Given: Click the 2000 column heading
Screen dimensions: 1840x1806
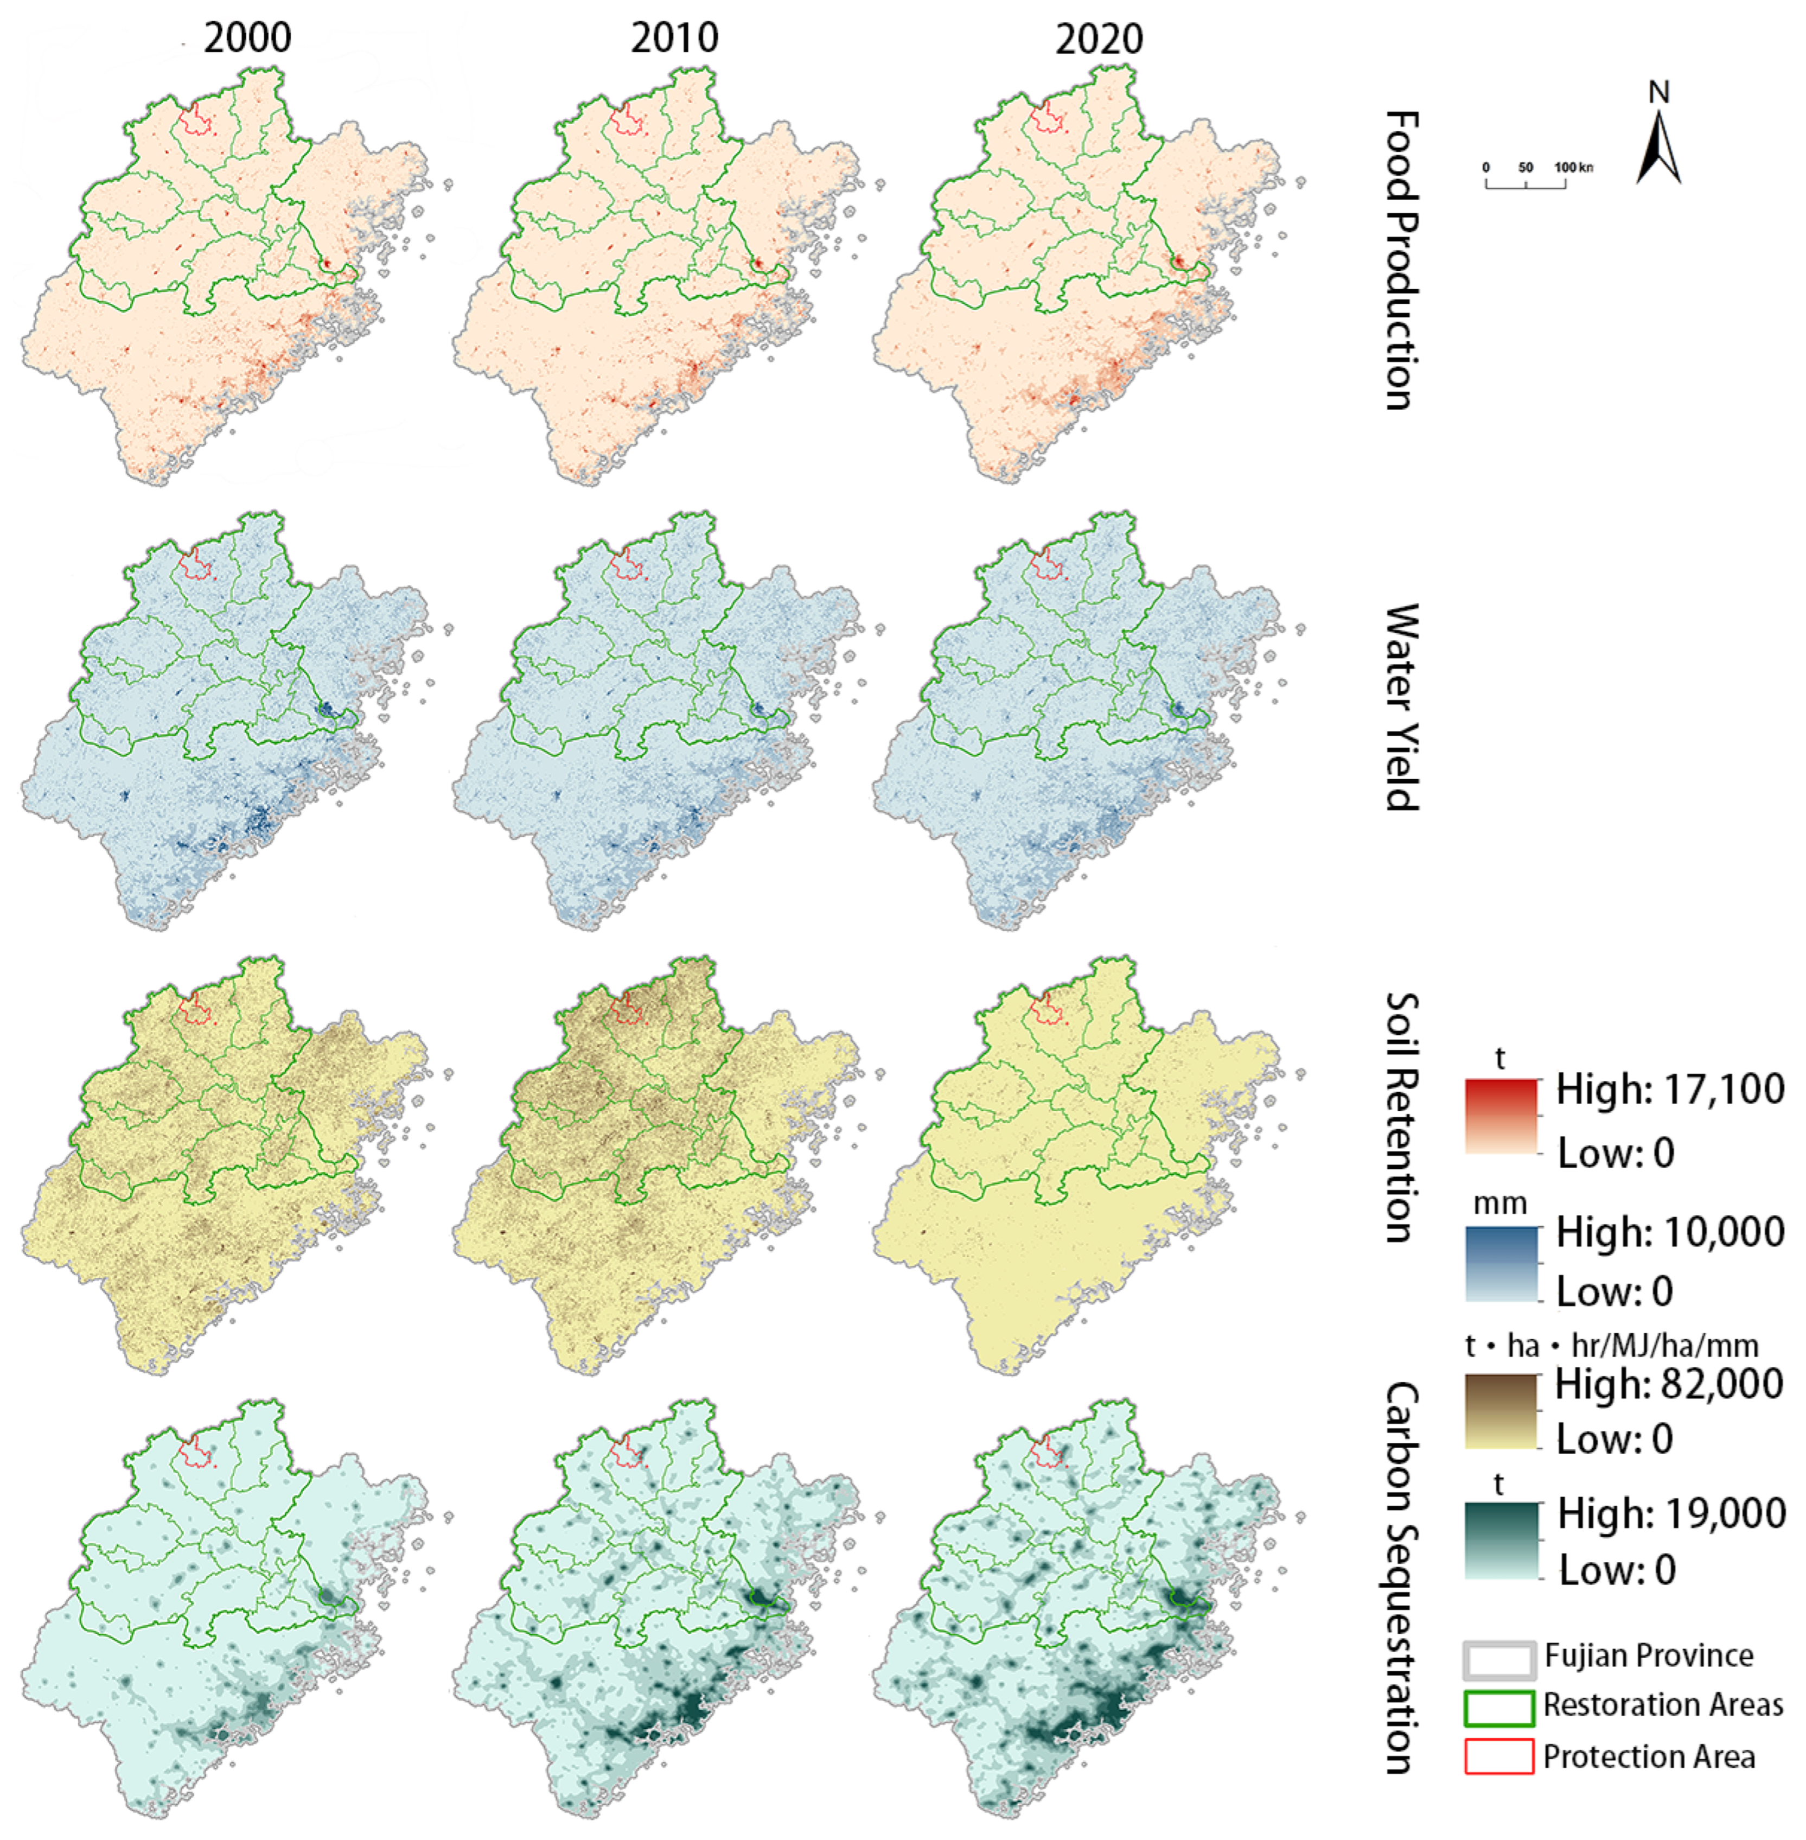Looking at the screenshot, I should coord(247,38).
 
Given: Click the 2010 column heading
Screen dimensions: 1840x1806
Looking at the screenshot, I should coord(674,38).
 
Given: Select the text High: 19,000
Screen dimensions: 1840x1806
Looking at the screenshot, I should coord(1671,1513).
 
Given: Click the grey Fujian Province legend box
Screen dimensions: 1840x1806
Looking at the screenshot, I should coord(1499,1660).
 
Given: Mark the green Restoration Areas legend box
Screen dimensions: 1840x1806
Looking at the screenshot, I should coord(1499,1708).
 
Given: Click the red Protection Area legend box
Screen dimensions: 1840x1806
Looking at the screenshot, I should coord(1499,1756).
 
